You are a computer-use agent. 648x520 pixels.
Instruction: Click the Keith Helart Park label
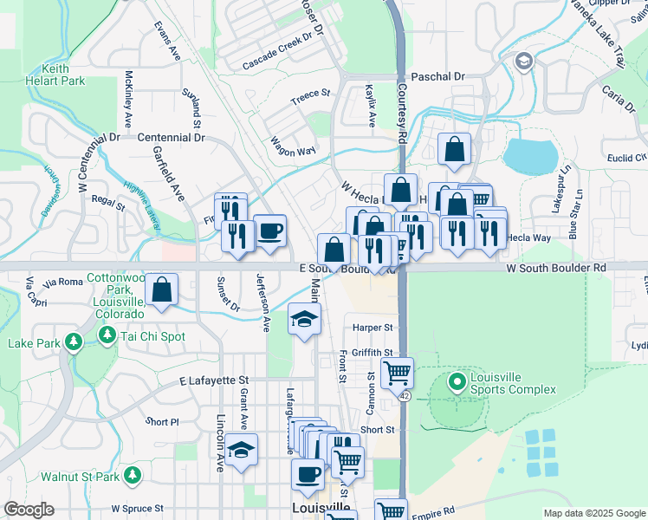pyautogui.click(x=66, y=74)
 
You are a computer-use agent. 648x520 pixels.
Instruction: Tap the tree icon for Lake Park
pyautogui.click(x=75, y=342)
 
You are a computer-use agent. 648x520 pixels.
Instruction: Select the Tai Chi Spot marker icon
pyautogui.click(x=107, y=335)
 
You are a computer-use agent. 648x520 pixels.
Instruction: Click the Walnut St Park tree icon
pyautogui.click(x=132, y=475)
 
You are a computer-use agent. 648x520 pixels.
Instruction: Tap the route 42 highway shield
pyautogui.click(x=405, y=395)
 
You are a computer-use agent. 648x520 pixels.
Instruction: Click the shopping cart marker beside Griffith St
pyautogui.click(x=397, y=372)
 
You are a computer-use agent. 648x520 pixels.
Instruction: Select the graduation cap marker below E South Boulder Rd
pyautogui.click(x=304, y=320)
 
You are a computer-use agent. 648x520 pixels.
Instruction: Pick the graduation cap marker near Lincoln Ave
pyautogui.click(x=242, y=450)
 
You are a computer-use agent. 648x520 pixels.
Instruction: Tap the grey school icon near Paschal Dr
pyautogui.click(x=523, y=62)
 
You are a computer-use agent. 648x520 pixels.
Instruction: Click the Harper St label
pyautogui.click(x=373, y=328)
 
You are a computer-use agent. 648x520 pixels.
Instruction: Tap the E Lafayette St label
pyautogui.click(x=214, y=380)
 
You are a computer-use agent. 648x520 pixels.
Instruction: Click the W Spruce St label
pyautogui.click(x=138, y=509)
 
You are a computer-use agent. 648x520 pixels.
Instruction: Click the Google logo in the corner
pyautogui.click(x=28, y=510)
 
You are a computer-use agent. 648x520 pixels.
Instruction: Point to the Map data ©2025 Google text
pyautogui.click(x=593, y=513)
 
